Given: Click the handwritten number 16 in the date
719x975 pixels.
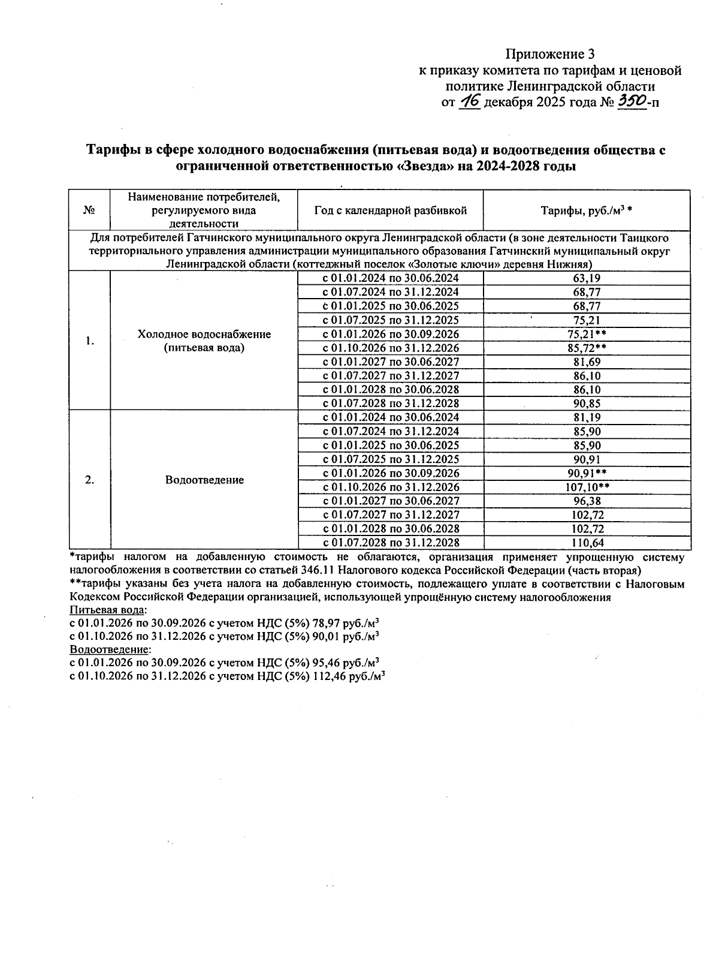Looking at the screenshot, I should tap(469, 101).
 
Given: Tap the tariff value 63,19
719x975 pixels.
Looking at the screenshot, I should tap(587, 278).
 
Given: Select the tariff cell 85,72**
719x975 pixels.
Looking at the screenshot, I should tap(587, 348).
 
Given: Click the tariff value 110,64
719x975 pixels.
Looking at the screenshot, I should tap(587, 543).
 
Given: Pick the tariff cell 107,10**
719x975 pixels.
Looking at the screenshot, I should tap(587, 487).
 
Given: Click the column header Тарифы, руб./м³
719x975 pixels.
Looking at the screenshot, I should tap(587, 210).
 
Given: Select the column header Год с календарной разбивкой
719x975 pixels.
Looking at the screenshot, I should tap(390, 210).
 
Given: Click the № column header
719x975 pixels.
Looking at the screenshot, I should tap(90, 210).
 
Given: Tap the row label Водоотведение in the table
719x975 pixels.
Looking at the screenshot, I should tap(204, 480).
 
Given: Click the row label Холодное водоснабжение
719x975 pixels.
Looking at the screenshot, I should tap(204, 335).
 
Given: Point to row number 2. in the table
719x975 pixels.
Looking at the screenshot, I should tap(90, 480).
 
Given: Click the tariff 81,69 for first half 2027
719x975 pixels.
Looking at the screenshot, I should tap(587, 362).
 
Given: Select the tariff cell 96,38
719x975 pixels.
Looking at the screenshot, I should tap(587, 501).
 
